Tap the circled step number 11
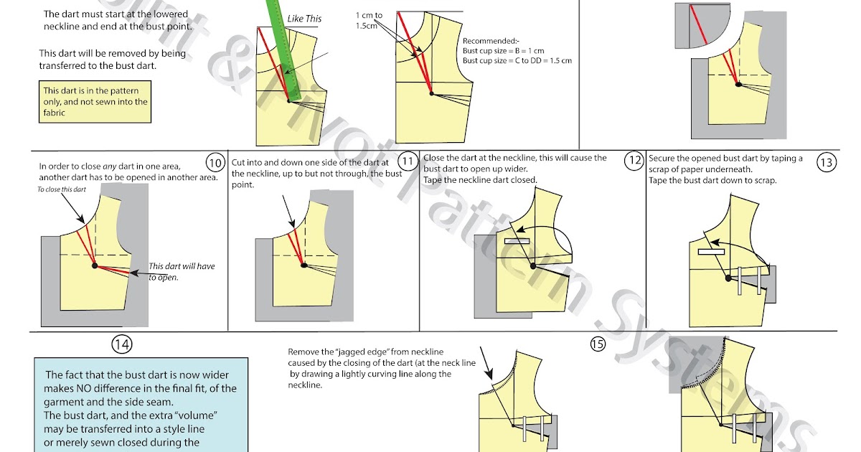(407, 161)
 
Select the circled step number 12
(633, 161)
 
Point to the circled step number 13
(826, 162)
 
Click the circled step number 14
(121, 344)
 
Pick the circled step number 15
(598, 344)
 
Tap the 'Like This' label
(304, 19)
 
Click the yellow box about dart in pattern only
(95, 101)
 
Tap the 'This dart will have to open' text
(182, 271)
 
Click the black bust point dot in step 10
(95, 265)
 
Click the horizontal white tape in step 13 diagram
(710, 252)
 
